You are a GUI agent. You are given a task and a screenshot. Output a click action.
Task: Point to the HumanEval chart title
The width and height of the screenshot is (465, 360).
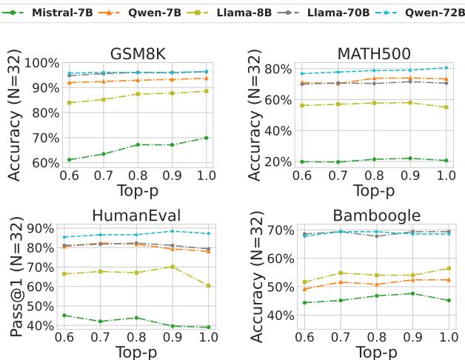point(137,216)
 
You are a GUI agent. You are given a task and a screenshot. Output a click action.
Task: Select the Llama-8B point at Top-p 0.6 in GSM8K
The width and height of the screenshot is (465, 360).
point(69,103)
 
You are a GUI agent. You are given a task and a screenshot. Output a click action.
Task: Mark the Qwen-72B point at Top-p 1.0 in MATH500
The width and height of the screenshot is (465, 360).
point(446,68)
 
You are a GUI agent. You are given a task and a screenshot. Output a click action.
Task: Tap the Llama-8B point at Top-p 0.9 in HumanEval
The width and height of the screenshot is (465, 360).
point(172,267)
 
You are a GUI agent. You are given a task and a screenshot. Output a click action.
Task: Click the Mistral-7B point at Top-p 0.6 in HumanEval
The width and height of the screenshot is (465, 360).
point(69,316)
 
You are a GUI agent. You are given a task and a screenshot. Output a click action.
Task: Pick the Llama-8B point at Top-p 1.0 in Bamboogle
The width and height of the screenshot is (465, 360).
point(446,268)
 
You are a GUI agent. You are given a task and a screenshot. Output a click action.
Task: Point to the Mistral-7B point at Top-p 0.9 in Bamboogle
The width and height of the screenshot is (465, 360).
point(412,293)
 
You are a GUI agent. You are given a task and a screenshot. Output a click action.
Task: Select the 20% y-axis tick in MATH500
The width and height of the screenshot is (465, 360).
point(277,161)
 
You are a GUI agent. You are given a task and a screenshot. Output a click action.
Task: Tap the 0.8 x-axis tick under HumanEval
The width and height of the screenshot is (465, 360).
point(137,337)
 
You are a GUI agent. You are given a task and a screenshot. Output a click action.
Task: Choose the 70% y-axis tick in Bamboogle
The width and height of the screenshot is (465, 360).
point(277,230)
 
